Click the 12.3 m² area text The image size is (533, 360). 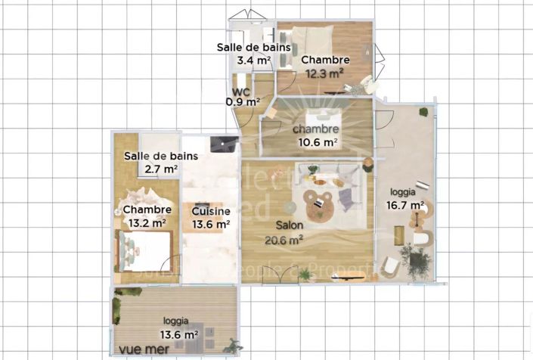pyautogui.click(x=325, y=73)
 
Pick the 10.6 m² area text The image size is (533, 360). pyautogui.click(x=317, y=141)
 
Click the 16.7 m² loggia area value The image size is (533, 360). pyautogui.click(x=406, y=205)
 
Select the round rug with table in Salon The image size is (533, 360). pyautogui.click(x=318, y=205)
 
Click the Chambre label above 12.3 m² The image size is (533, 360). pyautogui.click(x=325, y=60)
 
